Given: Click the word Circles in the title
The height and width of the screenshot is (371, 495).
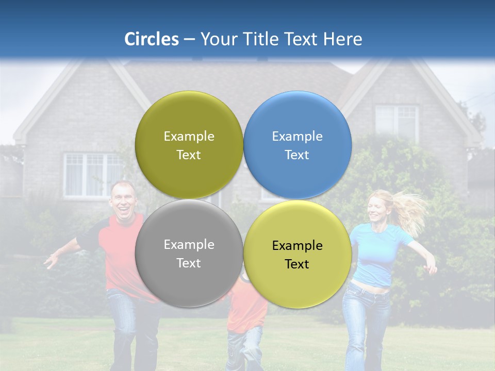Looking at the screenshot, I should click(151, 39).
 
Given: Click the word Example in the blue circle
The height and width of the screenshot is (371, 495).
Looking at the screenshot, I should click(297, 136).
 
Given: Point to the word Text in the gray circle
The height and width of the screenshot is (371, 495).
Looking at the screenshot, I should click(189, 263).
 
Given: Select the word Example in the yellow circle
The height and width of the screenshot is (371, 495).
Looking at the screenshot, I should click(297, 245).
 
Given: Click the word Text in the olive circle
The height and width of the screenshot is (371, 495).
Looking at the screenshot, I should click(189, 155).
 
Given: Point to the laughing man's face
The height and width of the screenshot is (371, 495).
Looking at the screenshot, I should click(123, 199).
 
